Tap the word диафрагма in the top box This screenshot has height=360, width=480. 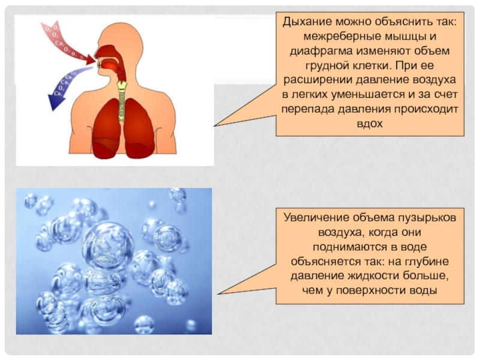(317, 50)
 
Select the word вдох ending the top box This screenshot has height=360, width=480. (370, 123)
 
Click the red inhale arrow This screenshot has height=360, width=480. (66, 41)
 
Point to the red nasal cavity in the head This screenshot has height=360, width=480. (109, 52)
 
